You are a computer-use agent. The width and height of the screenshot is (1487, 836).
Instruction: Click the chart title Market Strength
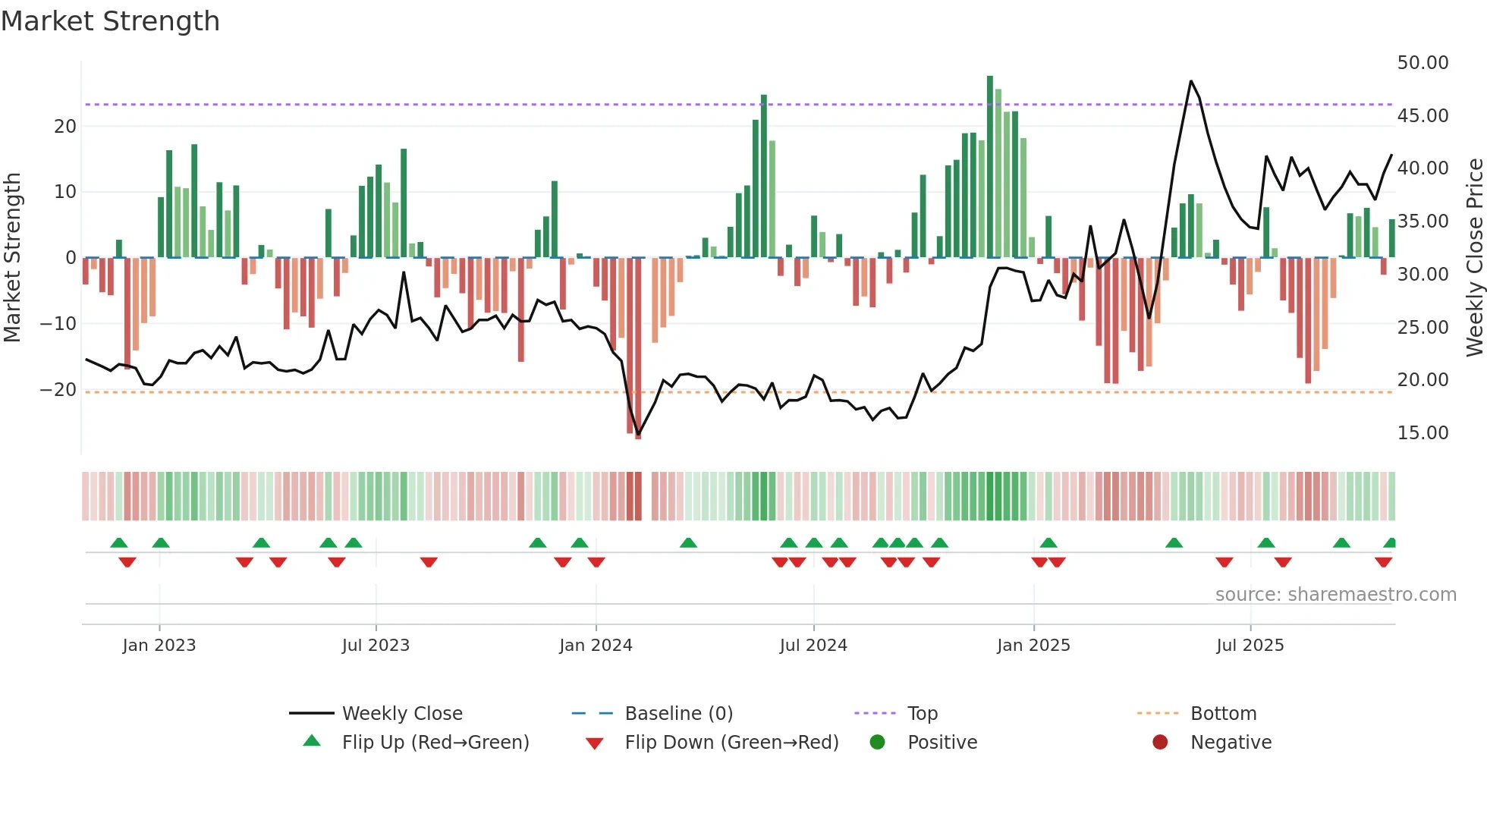110,21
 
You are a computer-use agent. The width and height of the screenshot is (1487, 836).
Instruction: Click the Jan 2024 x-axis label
596,646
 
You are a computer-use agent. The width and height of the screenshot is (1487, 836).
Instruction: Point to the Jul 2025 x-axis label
1250,646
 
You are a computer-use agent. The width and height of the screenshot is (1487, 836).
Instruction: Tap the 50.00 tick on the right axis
1423,63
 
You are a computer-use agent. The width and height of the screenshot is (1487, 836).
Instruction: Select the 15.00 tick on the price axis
1423,433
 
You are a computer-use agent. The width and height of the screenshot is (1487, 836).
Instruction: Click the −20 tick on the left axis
58,390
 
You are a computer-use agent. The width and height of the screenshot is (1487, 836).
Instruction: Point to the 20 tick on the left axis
65,127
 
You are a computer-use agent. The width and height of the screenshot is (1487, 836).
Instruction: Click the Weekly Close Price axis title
1474,258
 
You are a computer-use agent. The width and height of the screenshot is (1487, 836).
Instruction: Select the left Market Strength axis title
13,258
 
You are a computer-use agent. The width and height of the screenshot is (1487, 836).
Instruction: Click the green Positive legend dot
878,743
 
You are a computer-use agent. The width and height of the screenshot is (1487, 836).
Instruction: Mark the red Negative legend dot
1160,743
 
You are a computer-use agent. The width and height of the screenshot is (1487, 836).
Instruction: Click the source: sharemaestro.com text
1335,595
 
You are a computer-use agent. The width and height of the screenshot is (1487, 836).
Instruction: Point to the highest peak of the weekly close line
1191,81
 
